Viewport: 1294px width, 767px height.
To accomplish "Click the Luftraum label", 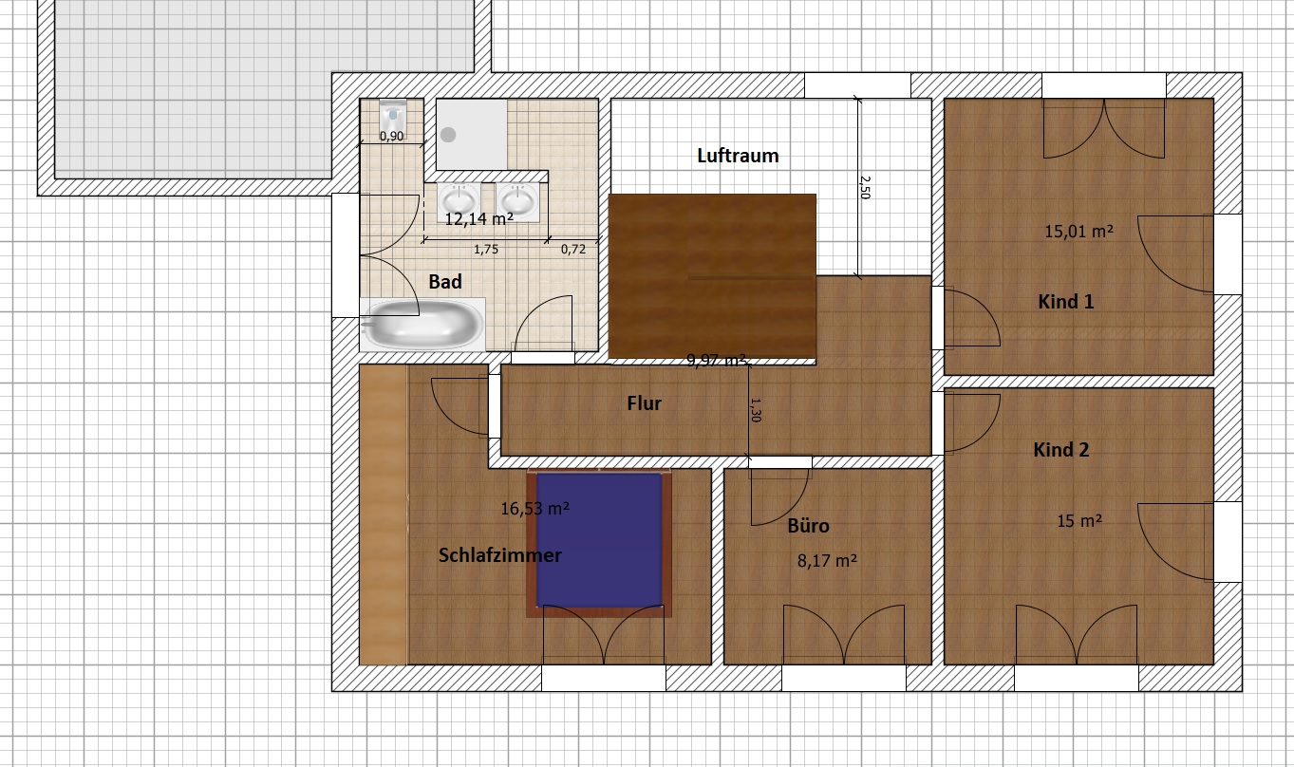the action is [x=738, y=156].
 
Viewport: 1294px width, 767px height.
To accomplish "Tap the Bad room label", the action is [x=445, y=282].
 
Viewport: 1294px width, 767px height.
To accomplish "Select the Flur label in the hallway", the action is [x=644, y=403].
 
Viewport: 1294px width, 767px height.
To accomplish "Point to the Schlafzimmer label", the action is [x=499, y=555].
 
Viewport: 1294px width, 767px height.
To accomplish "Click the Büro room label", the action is [x=808, y=526].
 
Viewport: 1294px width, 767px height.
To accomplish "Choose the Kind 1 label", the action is [x=1066, y=302].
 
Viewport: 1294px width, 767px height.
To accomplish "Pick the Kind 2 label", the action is [x=1061, y=449].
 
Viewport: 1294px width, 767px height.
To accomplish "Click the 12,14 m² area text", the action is [x=478, y=219].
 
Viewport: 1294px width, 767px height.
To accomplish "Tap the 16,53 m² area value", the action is [x=534, y=509].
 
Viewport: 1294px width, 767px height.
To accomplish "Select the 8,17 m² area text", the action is [x=827, y=561].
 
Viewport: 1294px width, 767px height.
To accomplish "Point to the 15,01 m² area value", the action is [x=1079, y=232].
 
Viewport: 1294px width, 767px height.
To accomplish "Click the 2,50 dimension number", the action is [x=865, y=188].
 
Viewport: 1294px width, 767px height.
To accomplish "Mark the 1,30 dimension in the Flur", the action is [x=756, y=410].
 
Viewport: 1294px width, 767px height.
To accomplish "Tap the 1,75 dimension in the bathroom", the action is [x=486, y=250].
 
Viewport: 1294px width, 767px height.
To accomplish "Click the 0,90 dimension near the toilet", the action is [x=392, y=137].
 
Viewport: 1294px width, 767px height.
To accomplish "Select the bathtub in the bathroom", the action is [x=422, y=325].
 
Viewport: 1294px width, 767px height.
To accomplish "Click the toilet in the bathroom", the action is [x=393, y=116].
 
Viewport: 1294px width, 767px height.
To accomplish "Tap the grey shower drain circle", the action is [x=448, y=135].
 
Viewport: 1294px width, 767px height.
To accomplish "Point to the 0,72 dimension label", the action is [x=573, y=250].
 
